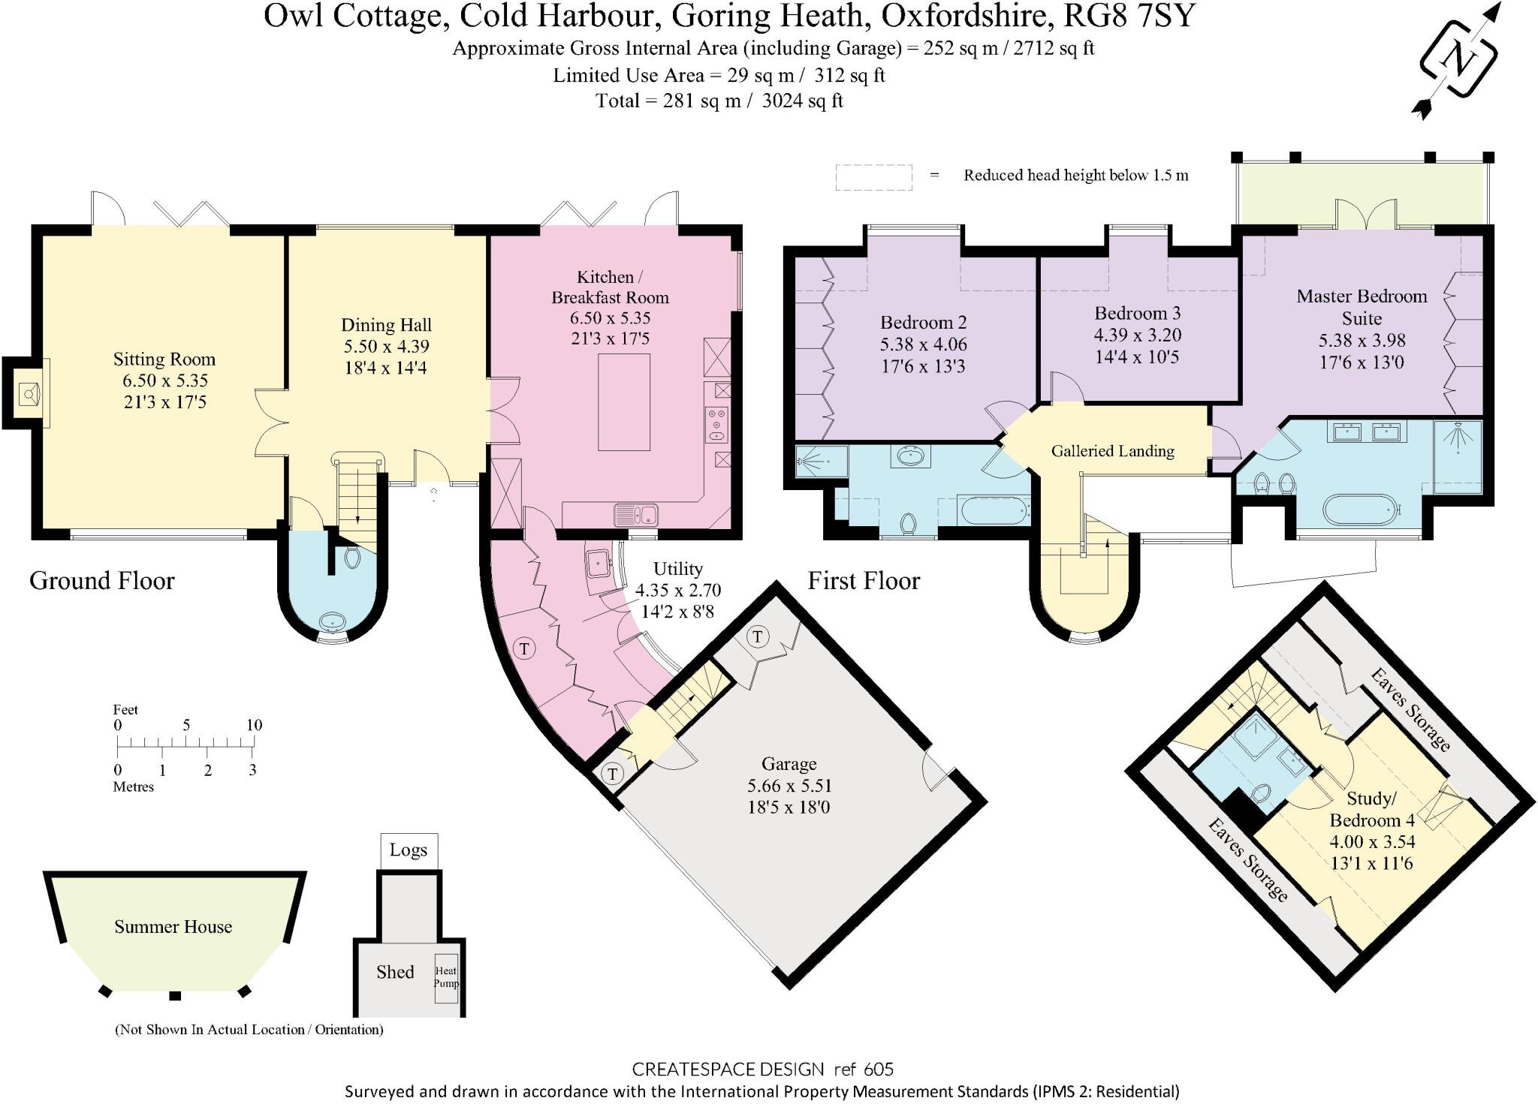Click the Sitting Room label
(164, 359)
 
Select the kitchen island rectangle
(623, 402)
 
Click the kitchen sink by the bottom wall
(635, 515)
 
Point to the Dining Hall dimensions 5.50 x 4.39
(386, 347)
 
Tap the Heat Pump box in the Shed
(446, 977)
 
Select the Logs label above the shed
(409, 850)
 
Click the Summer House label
(173, 927)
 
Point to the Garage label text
(789, 764)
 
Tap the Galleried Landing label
(1112, 451)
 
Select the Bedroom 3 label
(1137, 313)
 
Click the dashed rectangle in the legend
(873, 177)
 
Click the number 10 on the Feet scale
(254, 725)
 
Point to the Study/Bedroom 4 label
(1371, 809)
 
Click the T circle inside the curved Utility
(524, 648)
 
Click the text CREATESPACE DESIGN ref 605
(762, 1069)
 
